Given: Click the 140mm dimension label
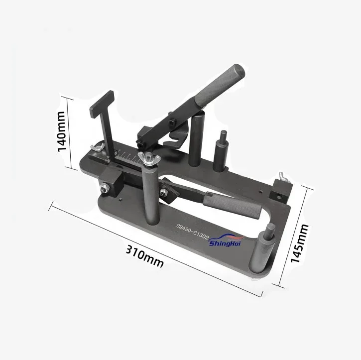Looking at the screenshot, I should click(x=62, y=130).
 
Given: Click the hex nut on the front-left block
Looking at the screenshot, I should click(x=105, y=188).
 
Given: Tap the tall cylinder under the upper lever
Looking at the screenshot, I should click(x=199, y=134).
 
